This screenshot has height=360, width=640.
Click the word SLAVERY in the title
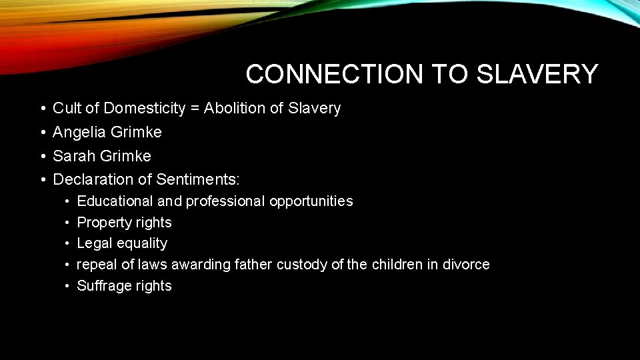[x=537, y=74]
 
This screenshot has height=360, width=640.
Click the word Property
[x=104, y=223]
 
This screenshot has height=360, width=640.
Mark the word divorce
[x=465, y=265]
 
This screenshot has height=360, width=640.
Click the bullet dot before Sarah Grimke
[x=42, y=156]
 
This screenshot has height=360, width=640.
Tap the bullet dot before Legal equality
[x=68, y=243]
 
